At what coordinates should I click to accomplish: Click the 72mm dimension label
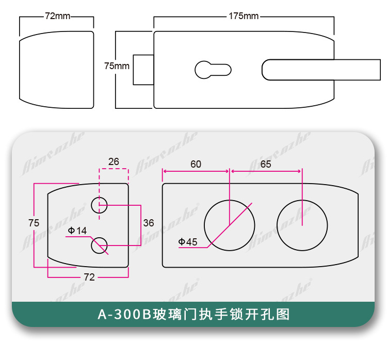pyautogui.click(x=57, y=16)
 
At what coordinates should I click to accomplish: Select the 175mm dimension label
pyautogui.click(x=244, y=16)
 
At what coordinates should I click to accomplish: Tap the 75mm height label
pyautogui.click(x=117, y=66)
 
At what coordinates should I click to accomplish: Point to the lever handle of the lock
pyautogui.click(x=320, y=70)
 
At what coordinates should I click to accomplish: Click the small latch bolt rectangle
pyautogui.click(x=143, y=69)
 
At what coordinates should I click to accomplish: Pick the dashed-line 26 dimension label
pyautogui.click(x=114, y=162)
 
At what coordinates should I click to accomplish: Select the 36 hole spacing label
pyautogui.click(x=149, y=223)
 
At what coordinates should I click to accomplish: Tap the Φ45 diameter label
pyautogui.click(x=188, y=241)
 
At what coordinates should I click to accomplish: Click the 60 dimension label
pyautogui.click(x=196, y=165)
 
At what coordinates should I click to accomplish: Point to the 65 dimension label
pyautogui.click(x=266, y=165)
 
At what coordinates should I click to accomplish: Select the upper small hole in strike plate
pyautogui.click(x=99, y=205)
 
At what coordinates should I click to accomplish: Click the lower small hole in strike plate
pyautogui.click(x=99, y=245)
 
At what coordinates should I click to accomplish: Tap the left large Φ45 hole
pyautogui.click(x=229, y=224)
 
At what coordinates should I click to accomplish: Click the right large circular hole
pyautogui.click(x=302, y=224)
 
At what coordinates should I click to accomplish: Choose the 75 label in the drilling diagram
pyautogui.click(x=34, y=223)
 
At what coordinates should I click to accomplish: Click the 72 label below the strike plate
pyautogui.click(x=89, y=277)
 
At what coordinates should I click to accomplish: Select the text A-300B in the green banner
pyautogui.click(x=122, y=314)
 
